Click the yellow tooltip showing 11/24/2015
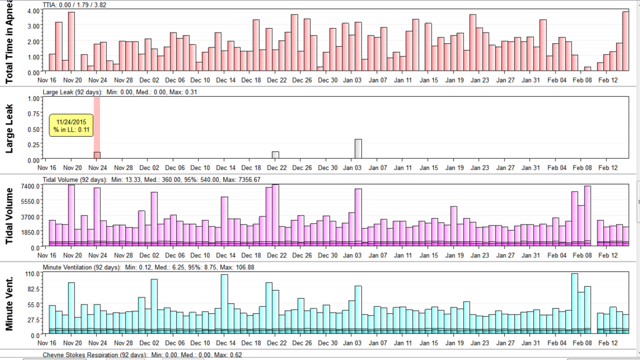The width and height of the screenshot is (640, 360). coord(71,125)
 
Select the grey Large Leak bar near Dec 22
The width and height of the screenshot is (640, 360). coord(276,155)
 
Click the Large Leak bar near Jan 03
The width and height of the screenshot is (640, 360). coord(358,149)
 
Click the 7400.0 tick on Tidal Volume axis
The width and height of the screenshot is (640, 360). coord(28,186)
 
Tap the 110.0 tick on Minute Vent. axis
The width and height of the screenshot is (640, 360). coord(31,274)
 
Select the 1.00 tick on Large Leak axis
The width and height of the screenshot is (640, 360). coord(31,98)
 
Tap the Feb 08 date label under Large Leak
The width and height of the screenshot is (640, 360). coord(581,167)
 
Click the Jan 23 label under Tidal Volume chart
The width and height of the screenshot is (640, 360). coord(479,255)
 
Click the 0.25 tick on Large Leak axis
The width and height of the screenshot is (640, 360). coord(31,144)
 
